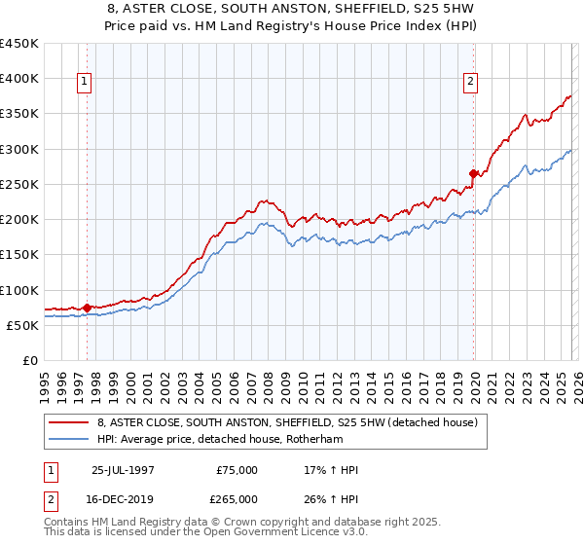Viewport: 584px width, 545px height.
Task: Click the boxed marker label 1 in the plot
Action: coord(86,83)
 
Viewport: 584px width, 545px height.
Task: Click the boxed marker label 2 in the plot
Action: coord(471,83)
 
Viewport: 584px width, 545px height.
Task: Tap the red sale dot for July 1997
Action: coord(87,308)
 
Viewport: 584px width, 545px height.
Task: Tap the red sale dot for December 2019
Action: coord(474,174)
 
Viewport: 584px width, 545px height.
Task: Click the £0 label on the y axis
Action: coord(28,360)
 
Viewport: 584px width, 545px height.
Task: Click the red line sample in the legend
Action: coord(69,423)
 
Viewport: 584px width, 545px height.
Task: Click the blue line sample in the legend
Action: coord(69,440)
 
